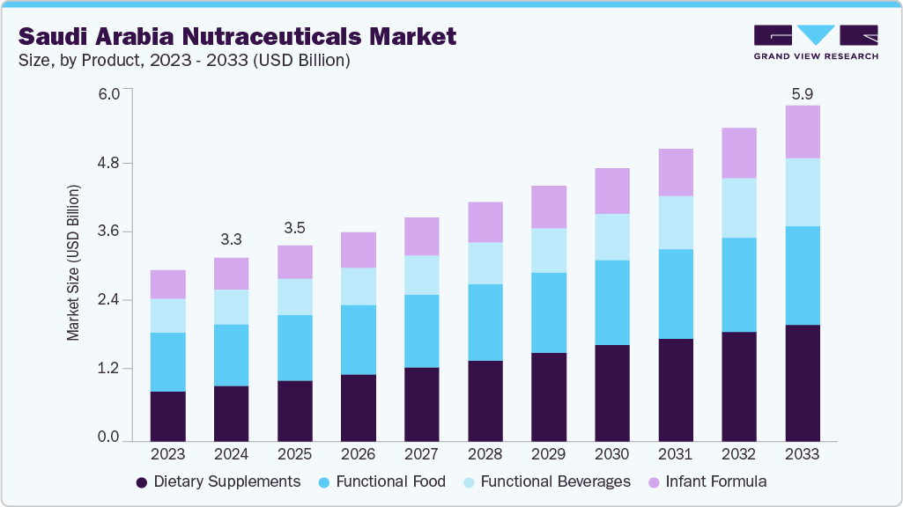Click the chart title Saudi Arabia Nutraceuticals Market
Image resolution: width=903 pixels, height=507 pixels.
click(238, 36)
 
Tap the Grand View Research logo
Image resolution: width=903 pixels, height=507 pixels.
click(816, 42)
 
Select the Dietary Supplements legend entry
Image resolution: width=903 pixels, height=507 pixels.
click(218, 481)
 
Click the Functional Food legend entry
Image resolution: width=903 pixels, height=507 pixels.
click(381, 481)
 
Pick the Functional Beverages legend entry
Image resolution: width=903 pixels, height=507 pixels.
click(545, 481)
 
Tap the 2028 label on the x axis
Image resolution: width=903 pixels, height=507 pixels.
click(485, 454)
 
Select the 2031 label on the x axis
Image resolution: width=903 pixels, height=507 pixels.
click(675, 454)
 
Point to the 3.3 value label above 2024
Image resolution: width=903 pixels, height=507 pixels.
click(231, 239)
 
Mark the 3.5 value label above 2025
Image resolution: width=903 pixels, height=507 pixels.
click(294, 227)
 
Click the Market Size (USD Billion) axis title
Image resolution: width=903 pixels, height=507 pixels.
click(74, 263)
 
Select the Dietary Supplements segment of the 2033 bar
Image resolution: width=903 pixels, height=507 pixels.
click(802, 383)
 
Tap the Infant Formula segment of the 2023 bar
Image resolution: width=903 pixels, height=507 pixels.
click(167, 284)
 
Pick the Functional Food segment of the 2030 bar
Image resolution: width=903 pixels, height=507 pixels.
click(611, 302)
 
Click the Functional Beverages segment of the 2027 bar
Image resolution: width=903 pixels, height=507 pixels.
click(421, 275)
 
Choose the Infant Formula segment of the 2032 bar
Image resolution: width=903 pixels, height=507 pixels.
click(738, 153)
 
